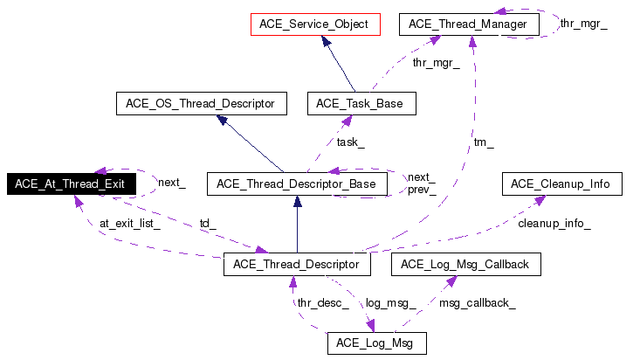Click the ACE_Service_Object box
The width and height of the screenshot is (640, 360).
[314, 24]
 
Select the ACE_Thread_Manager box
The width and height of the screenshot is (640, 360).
[467, 24]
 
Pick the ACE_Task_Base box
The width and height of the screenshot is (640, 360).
[361, 104]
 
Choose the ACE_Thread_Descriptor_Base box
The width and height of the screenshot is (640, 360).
[296, 183]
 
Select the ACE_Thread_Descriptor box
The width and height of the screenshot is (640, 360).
[298, 264]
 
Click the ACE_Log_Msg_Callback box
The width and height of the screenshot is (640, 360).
[465, 264]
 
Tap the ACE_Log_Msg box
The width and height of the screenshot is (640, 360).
[376, 343]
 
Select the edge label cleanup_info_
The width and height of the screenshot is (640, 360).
[554, 223]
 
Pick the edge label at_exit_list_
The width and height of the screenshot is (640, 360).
[130, 223]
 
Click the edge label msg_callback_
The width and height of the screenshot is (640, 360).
[478, 303]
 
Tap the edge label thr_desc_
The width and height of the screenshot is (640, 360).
[323, 303]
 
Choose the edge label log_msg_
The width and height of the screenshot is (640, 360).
[390, 303]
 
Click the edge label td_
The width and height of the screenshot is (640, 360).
[208, 223]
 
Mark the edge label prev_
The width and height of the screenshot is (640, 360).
[422, 190]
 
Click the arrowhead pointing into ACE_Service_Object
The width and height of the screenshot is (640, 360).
[325, 41]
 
